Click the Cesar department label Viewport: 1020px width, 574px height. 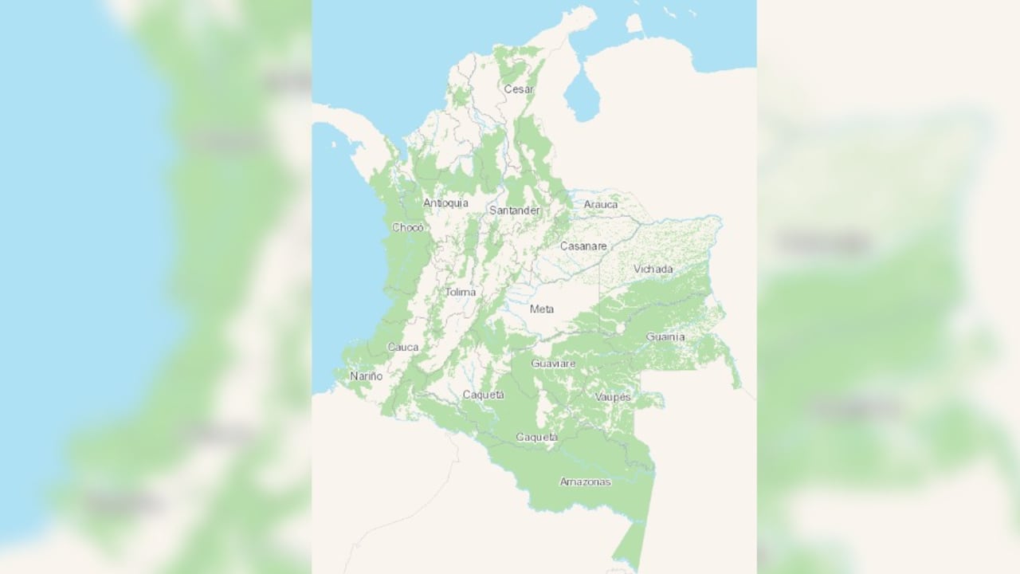tap(518, 89)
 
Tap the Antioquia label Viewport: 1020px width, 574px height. tap(445, 203)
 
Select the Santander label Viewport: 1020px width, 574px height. tap(514, 210)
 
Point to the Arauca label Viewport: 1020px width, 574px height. tap(600, 205)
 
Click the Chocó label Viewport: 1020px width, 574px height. tap(408, 227)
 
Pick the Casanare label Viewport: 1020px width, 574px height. tap(583, 246)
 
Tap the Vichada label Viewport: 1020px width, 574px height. tap(653, 269)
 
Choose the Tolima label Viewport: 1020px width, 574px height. tap(460, 292)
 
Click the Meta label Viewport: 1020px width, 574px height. tap(542, 309)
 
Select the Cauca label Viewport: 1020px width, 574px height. tap(402, 348)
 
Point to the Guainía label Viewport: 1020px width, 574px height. tap(665, 336)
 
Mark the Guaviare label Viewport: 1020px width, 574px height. tap(553, 364)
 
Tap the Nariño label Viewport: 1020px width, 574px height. tap(366, 375)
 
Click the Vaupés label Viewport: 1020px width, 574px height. tap(612, 396)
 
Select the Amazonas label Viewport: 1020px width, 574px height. tap(585, 482)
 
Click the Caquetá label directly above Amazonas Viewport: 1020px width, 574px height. tap(536, 437)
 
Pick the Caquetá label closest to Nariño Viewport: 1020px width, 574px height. tap(483, 395)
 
